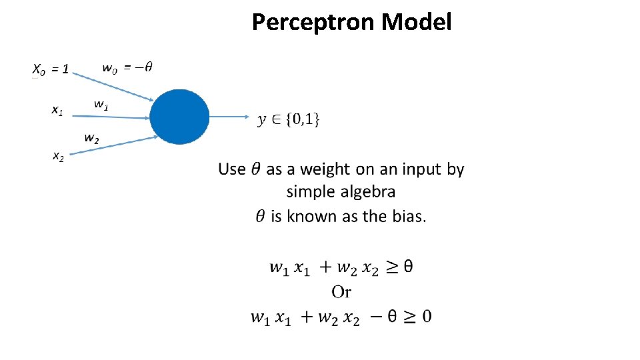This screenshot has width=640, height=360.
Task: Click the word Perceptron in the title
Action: point(313,23)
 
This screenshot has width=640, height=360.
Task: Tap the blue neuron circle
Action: point(179,117)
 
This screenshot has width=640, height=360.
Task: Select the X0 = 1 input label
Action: point(51,69)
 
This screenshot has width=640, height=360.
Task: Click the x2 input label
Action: point(59,157)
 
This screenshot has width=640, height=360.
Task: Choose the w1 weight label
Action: point(101,104)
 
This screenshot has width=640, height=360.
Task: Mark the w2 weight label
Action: point(92,139)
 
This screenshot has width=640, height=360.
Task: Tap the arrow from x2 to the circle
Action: point(113,146)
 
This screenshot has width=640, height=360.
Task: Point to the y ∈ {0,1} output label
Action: point(289,119)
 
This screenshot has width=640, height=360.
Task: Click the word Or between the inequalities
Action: point(341,292)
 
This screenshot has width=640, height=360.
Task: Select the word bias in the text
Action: point(408,217)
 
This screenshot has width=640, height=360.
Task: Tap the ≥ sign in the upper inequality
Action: point(393,267)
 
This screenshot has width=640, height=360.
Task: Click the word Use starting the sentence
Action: point(232,169)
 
